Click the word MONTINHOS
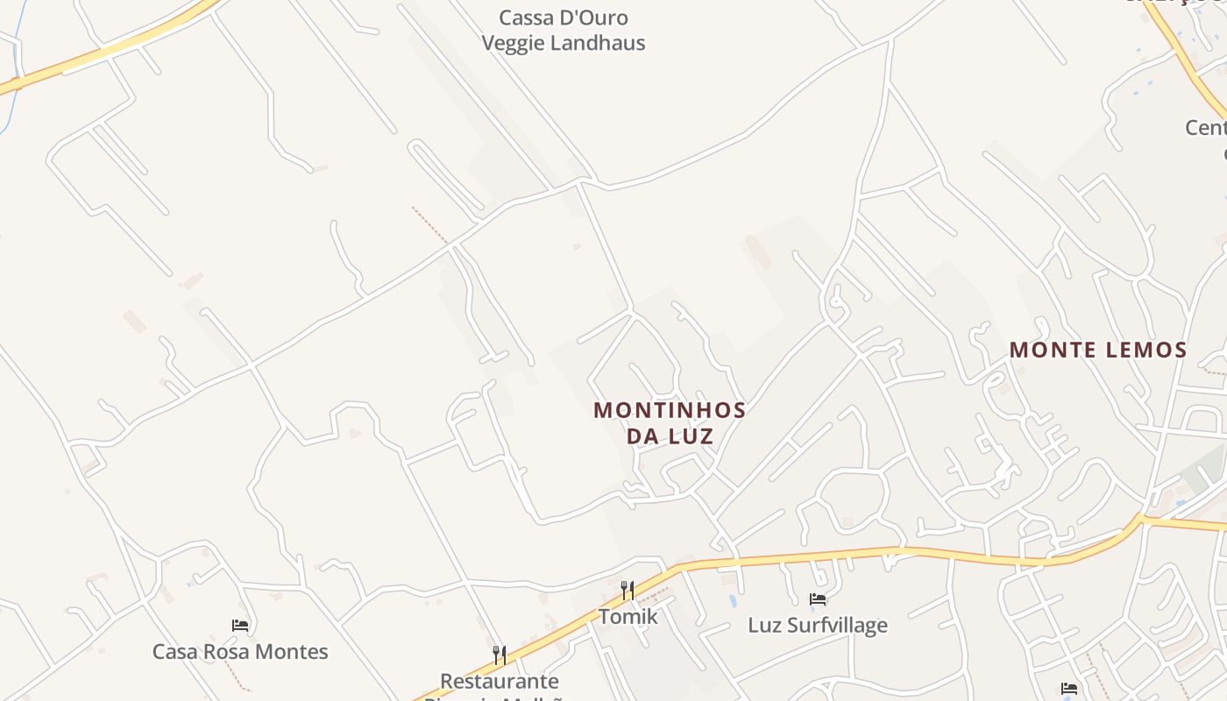tap(670, 410)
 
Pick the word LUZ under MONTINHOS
tap(692, 435)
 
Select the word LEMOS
tap(1145, 350)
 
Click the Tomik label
tap(628, 617)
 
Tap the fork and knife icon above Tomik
tap(628, 591)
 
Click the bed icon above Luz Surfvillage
tap(818, 599)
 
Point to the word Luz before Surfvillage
tap(765, 626)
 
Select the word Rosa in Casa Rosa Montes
tap(227, 652)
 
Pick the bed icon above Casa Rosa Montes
tap(240, 626)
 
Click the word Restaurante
tap(499, 681)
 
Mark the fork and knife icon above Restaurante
tap(499, 655)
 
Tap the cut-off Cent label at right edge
tap(1206, 128)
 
